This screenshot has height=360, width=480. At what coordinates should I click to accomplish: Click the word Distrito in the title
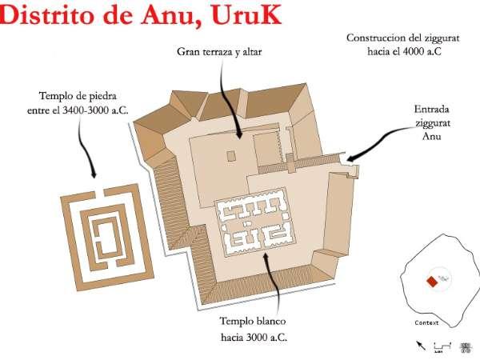pos(46,14)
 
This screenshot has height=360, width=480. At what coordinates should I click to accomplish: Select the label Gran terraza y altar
pos(219,52)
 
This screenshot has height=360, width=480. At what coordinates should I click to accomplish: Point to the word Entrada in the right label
pos(432,110)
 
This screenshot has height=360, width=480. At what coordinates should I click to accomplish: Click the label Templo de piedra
pos(78,96)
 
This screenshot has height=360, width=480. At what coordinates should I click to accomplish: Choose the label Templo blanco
pos(253,321)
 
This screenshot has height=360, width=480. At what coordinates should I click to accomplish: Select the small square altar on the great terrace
pos(231,156)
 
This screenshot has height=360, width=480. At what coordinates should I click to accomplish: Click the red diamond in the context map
pos(432,282)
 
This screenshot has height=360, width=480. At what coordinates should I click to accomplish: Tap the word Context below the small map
pos(426,322)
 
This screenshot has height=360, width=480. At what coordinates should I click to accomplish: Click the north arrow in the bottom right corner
pos(421,346)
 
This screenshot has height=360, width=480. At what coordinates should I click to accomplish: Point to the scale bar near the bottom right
pos(442,346)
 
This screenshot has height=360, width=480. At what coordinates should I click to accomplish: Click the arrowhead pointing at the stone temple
pos(94,174)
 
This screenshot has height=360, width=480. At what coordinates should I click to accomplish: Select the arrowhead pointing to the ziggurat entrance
pos(351,158)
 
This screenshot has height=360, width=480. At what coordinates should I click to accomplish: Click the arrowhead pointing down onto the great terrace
pos(239,134)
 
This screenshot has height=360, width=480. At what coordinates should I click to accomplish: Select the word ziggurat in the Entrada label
pos(433,123)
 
